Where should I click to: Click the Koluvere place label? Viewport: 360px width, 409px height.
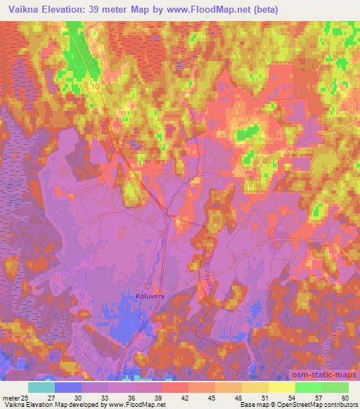(x=149, y=297)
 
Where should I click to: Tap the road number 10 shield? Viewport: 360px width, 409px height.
(x=94, y=86)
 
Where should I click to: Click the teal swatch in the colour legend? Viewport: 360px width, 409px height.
(x=41, y=387)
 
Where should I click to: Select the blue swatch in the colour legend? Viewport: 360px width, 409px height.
(x=68, y=387)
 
